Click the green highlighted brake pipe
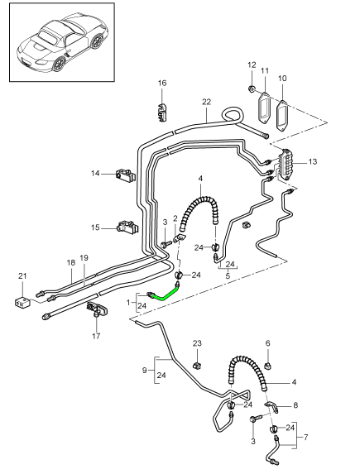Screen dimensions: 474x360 click(x=163, y=291)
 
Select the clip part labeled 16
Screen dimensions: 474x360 click(x=162, y=108)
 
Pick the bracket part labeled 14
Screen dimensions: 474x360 click(x=127, y=175)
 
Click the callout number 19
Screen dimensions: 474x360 click(x=83, y=258)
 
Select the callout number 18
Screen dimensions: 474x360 click(x=69, y=261)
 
